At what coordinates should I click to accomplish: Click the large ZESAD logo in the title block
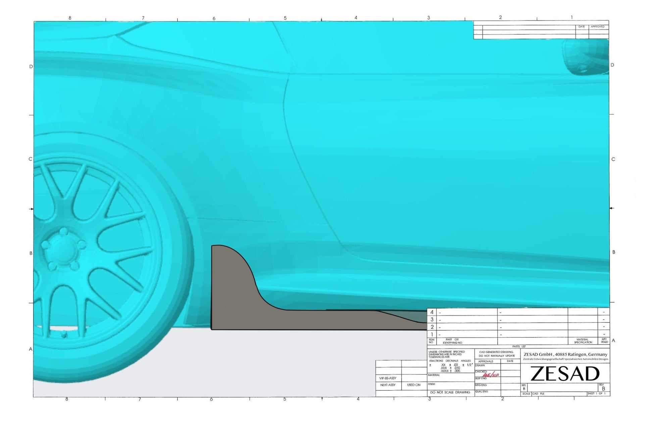565,374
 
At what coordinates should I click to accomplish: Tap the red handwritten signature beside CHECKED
490,375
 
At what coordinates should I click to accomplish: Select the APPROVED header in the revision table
597,26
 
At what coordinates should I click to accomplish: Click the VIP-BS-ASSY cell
388,378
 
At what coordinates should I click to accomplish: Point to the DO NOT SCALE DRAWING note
450,392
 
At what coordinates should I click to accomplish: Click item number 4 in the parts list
432,312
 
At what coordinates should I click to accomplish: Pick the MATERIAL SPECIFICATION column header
583,341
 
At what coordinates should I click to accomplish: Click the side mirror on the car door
586,57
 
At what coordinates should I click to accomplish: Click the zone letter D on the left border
31,66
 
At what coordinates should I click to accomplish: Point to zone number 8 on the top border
70,18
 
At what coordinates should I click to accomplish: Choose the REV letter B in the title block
604,388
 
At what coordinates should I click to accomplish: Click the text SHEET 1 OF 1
596,394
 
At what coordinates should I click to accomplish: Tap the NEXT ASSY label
388,385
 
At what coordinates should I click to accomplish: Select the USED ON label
413,385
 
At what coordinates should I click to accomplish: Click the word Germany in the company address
598,354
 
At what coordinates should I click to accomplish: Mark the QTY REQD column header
604,341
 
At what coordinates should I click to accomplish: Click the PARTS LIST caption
519,346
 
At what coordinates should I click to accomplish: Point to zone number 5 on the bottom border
285,399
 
